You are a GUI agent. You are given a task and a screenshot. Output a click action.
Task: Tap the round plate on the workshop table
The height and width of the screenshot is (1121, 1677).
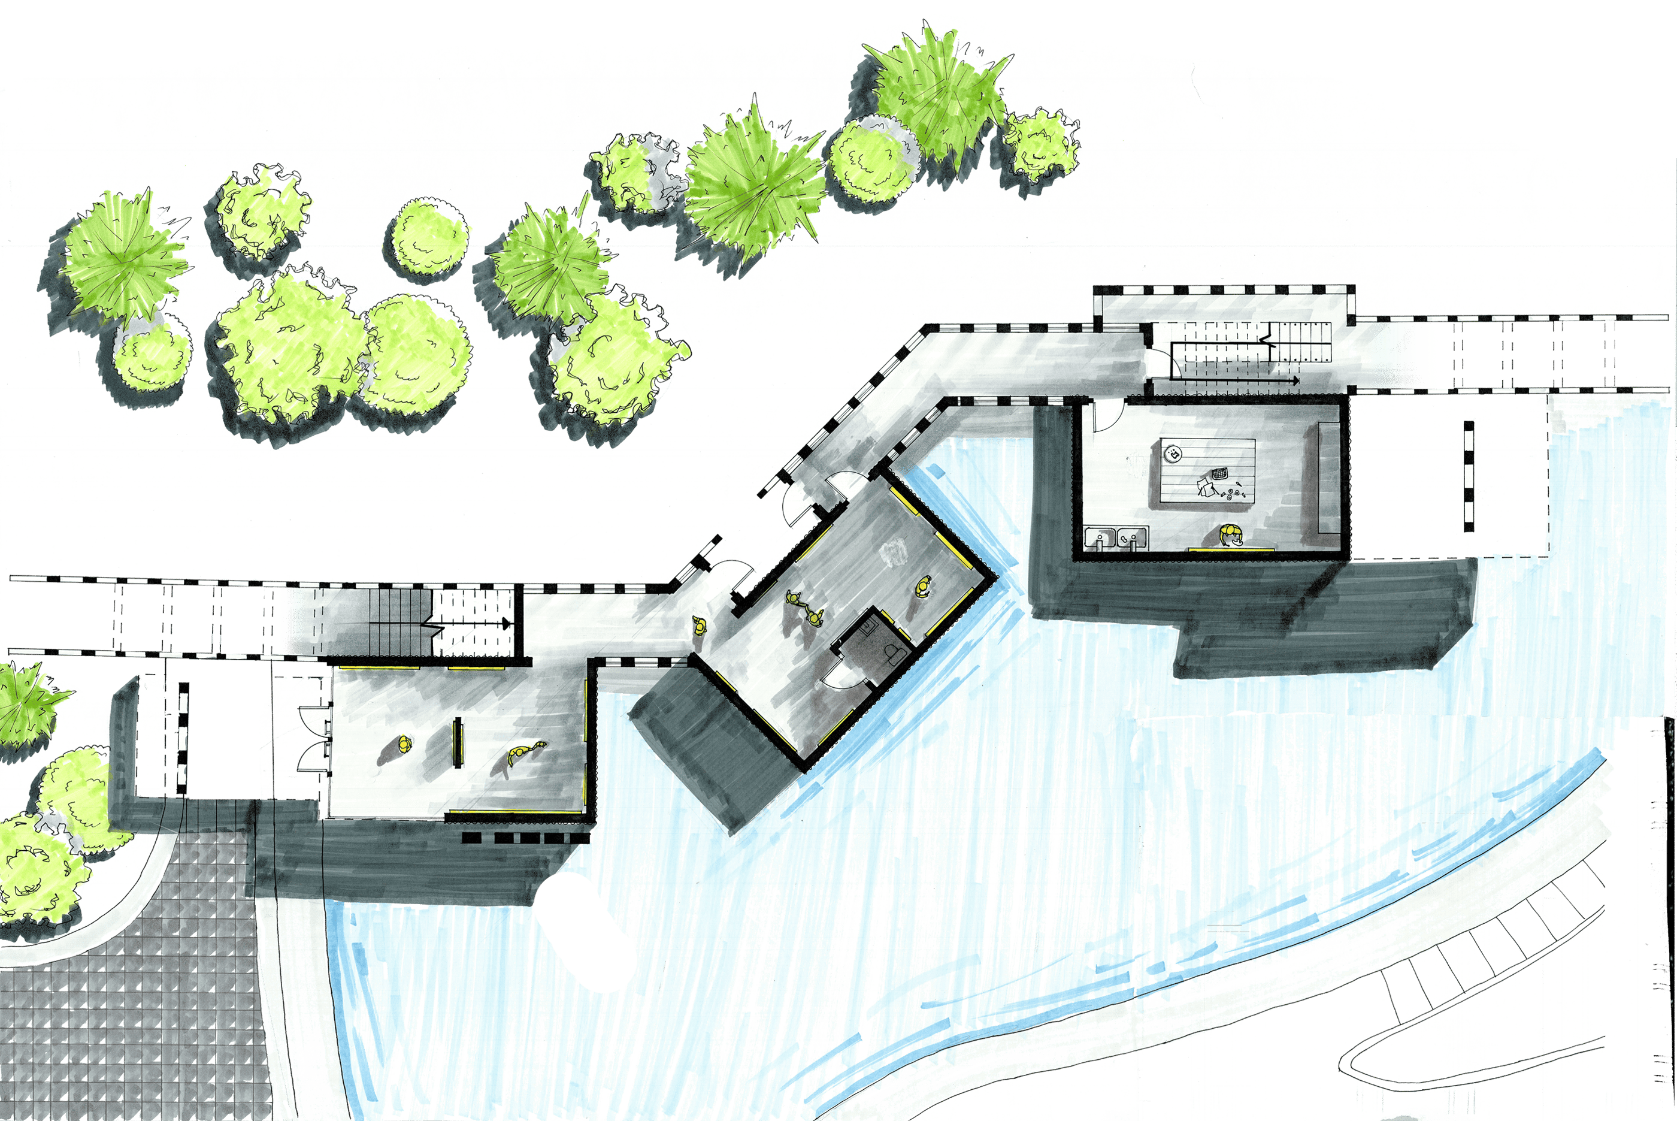[x=1173, y=452]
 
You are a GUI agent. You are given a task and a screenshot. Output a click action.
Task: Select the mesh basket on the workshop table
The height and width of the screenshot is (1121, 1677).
[x=1219, y=474]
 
